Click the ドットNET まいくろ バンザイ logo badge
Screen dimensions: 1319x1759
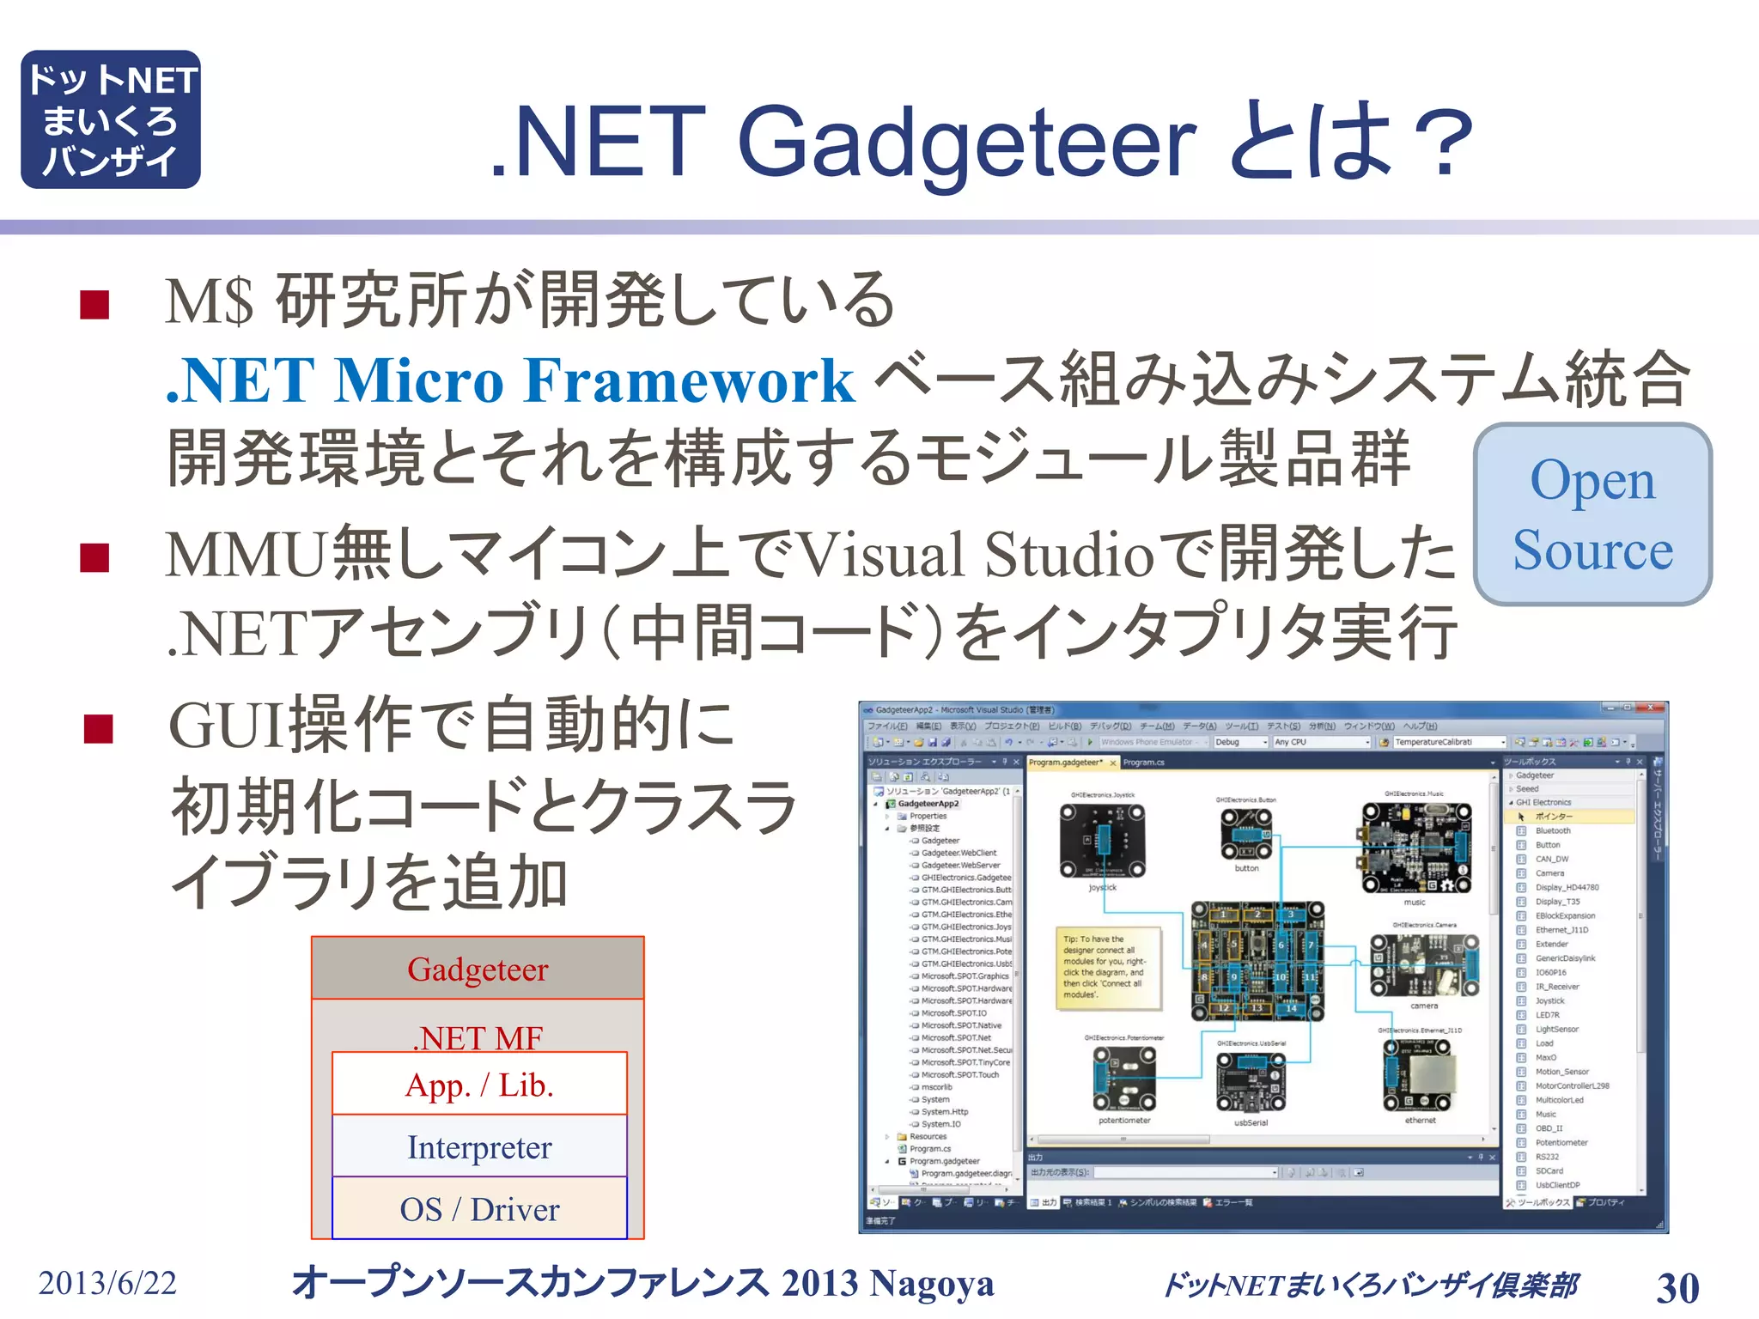111,119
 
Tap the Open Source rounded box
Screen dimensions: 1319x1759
1592,514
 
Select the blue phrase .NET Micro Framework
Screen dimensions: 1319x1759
510,380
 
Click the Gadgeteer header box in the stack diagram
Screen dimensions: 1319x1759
478,969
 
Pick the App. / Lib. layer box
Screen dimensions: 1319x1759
479,1085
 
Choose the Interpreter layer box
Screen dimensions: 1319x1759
479,1147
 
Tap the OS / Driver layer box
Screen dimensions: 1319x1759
479,1209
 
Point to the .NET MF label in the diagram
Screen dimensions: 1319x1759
479,1036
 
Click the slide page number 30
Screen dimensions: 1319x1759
1677,1287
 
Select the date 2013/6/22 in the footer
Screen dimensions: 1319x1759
107,1283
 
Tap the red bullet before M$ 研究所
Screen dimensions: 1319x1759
94,305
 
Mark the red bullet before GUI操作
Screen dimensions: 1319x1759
99,729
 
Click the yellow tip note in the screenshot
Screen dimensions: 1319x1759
1108,967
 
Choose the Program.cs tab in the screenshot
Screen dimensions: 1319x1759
1143,763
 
